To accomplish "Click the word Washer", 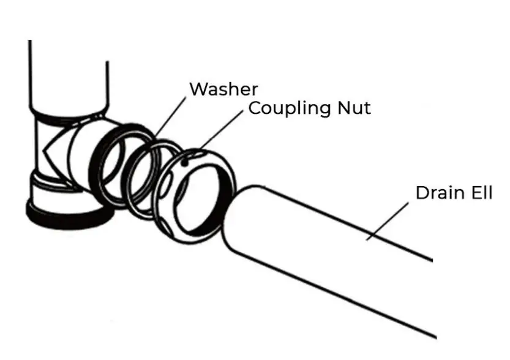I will [223, 89].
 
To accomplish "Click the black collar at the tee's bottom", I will [67, 214].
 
